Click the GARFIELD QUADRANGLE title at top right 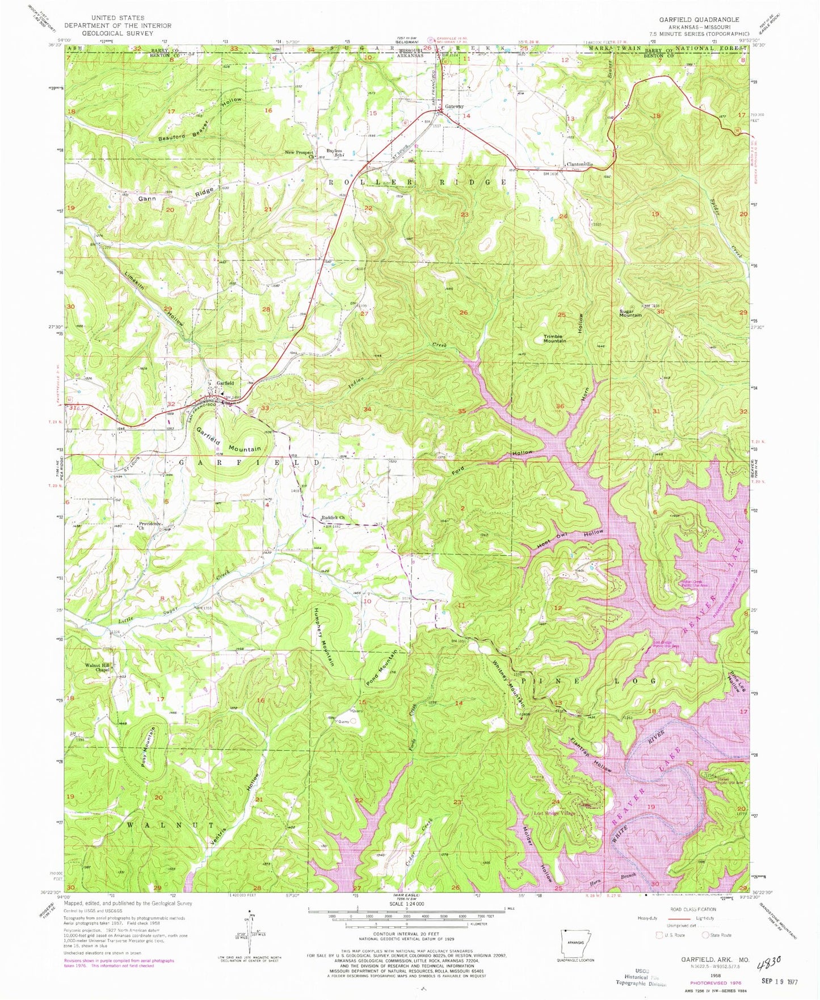699,19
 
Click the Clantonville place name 580,165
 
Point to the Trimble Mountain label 554,339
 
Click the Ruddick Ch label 333,518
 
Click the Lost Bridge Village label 554,813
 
